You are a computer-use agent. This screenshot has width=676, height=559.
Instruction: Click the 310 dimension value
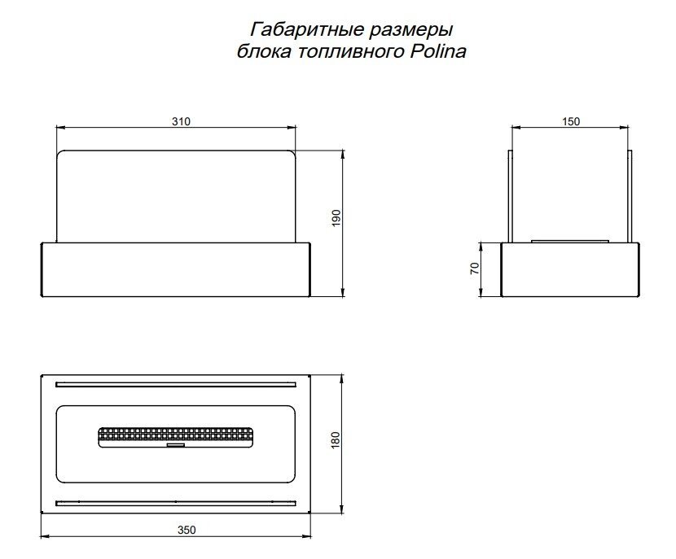[x=180, y=121]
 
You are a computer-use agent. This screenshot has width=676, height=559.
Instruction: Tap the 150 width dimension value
[x=571, y=121]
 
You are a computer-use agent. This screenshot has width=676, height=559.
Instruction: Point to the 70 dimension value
[x=475, y=269]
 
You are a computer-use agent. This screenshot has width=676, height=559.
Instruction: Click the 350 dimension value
[x=187, y=530]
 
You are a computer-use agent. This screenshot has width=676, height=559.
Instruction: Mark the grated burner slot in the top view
[x=174, y=436]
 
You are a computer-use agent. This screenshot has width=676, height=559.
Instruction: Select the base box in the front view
[x=176, y=269]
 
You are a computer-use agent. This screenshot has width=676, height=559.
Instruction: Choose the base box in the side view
[x=571, y=269]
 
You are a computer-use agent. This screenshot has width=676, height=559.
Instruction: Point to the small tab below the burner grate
[x=174, y=447]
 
